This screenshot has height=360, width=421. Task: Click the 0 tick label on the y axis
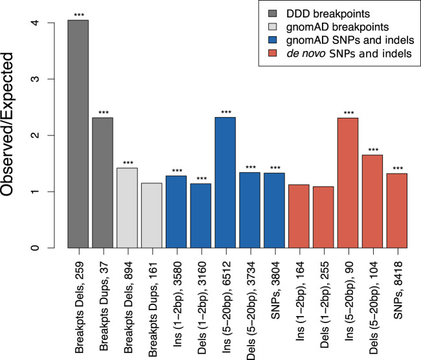55,248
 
